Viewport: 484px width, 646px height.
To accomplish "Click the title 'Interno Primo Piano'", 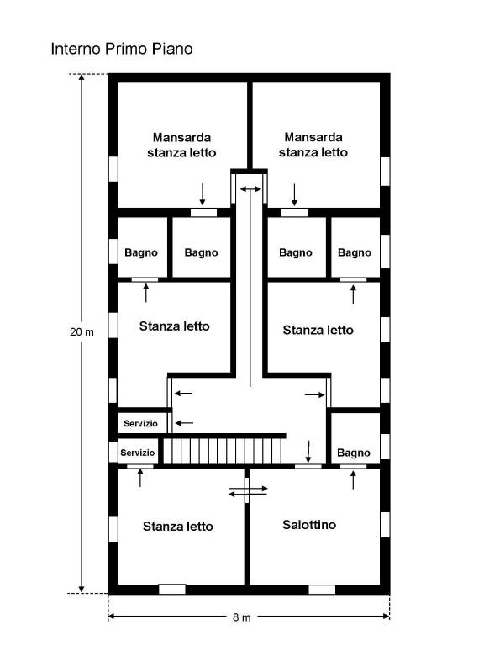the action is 122,49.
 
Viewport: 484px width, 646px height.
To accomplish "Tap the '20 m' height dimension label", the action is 82,331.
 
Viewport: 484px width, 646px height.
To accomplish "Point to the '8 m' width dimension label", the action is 242,617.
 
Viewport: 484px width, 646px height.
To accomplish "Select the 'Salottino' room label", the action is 309,525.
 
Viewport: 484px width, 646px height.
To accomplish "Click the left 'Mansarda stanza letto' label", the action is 181,145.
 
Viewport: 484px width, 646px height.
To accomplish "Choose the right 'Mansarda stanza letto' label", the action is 313,145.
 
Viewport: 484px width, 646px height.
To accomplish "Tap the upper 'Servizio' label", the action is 141,424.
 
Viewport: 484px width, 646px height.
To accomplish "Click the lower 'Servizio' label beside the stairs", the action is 138,453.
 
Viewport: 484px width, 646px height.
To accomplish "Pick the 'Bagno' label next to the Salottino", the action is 354,453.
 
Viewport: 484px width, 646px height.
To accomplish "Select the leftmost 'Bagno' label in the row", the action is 141,252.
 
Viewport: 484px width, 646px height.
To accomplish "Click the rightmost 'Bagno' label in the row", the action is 355,252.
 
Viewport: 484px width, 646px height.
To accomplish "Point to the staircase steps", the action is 223,452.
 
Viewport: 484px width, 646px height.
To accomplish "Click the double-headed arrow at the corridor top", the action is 250,189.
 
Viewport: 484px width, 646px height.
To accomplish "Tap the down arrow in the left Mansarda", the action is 202,194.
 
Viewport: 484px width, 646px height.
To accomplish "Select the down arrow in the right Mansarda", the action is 294,195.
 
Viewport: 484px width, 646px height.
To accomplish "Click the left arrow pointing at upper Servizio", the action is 184,423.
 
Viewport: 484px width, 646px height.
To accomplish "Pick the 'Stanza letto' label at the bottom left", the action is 178,526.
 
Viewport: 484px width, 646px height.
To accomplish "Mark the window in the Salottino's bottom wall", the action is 322,590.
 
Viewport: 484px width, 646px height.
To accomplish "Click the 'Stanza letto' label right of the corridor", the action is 318,330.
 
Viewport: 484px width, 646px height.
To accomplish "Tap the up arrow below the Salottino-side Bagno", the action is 353,480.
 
